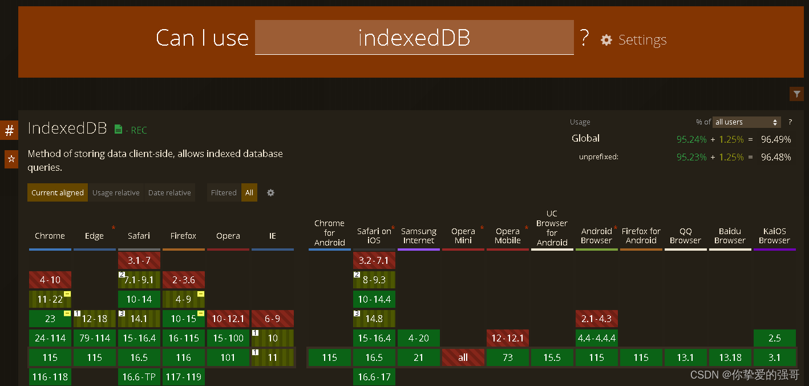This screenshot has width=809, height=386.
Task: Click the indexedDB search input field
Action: (x=414, y=38)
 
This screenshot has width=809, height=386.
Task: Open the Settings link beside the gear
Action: (x=642, y=40)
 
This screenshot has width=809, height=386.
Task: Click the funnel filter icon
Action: (x=796, y=94)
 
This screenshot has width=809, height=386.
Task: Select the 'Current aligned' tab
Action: (x=58, y=193)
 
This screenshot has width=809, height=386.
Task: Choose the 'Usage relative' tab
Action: (x=116, y=193)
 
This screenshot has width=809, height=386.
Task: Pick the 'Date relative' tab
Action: (x=169, y=193)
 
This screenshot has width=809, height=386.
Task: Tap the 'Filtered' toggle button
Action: (x=224, y=193)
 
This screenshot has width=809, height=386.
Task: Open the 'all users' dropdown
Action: (x=746, y=122)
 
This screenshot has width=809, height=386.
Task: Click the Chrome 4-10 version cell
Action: (x=50, y=280)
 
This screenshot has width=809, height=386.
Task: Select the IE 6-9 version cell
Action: (x=273, y=319)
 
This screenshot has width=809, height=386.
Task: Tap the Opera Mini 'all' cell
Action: (x=463, y=357)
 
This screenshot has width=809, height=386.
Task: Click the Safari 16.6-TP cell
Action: (x=139, y=377)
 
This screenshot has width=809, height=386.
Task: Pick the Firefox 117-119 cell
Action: (x=184, y=377)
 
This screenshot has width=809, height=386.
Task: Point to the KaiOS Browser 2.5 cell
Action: (x=774, y=338)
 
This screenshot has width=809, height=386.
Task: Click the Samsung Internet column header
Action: (x=419, y=236)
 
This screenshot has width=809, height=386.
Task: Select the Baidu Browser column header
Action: (x=730, y=236)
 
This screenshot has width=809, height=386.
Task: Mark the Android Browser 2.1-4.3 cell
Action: (x=597, y=319)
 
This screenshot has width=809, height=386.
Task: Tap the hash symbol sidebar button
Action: (x=10, y=131)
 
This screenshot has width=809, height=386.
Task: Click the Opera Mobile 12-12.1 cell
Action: (x=508, y=338)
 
